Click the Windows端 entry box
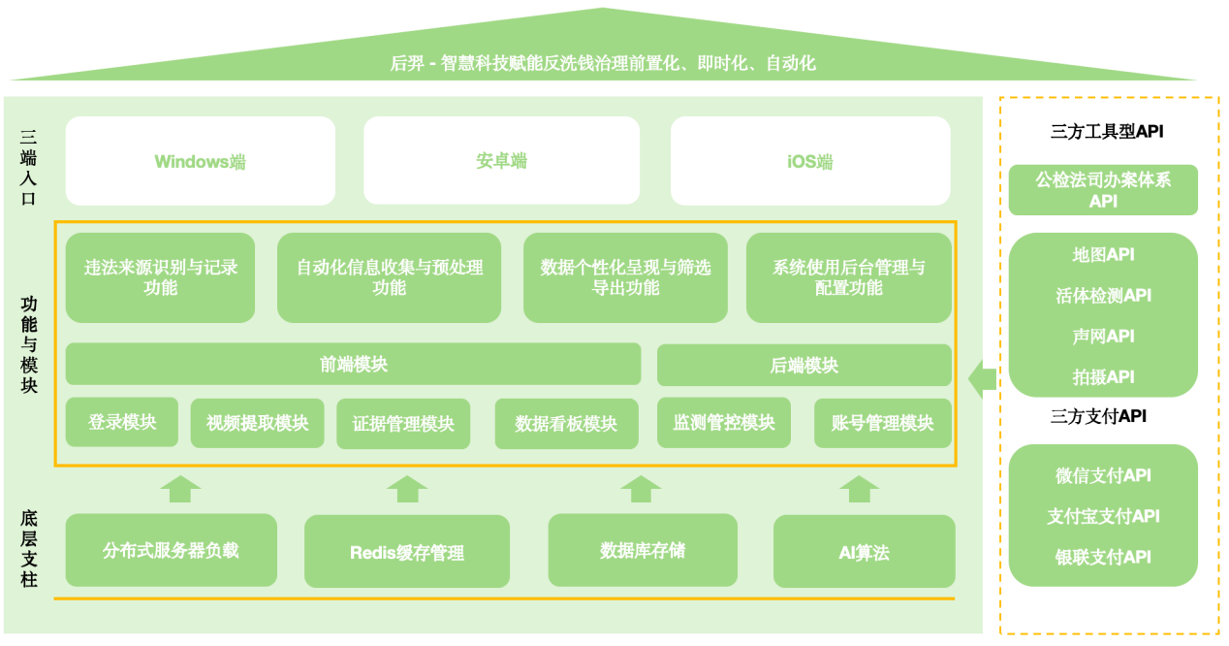tap(200, 161)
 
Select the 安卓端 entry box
tap(501, 161)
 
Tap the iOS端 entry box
tap(809, 161)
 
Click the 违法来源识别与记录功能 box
tap(160, 277)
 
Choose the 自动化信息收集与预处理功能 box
tap(389, 277)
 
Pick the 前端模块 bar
tap(353, 365)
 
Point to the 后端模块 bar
tap(804, 366)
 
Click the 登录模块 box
tap(121, 422)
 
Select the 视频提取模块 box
tap(257, 423)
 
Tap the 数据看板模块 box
tap(566, 424)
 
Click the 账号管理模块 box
tap(882, 423)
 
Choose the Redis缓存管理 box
tap(406, 552)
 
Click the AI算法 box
tap(864, 552)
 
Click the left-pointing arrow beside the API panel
tap(982, 377)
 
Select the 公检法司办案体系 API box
tap(1103, 190)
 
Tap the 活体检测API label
tap(1103, 296)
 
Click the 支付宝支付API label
tap(1103, 516)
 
